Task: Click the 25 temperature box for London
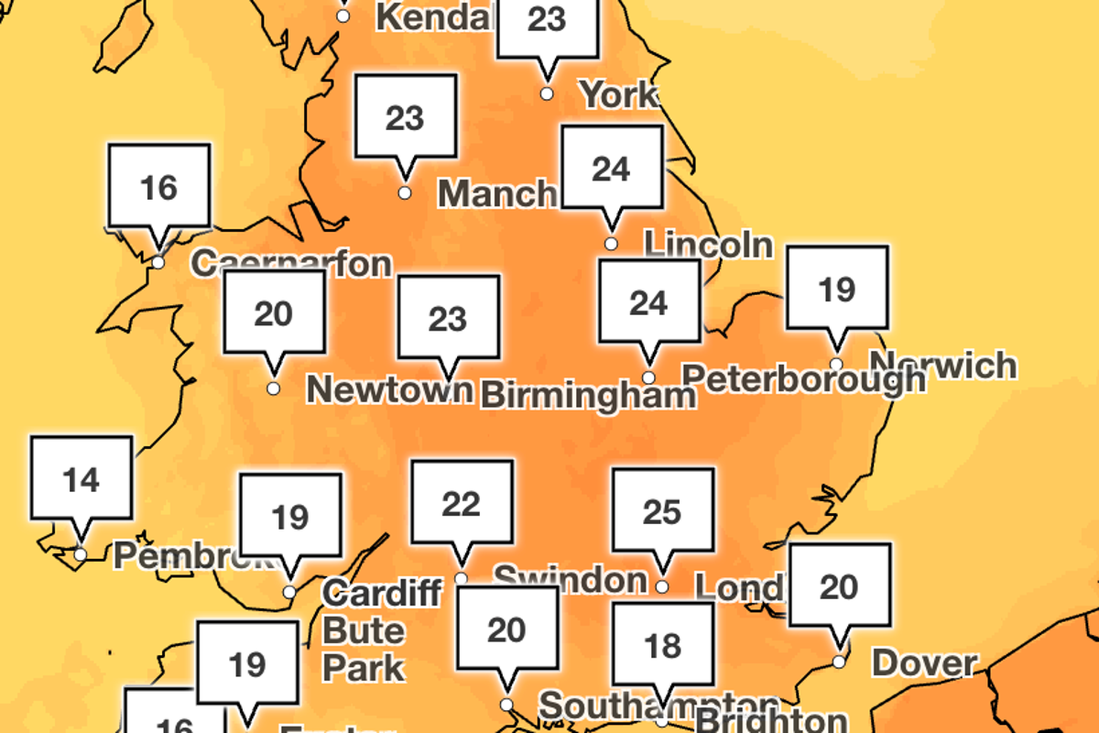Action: (662, 512)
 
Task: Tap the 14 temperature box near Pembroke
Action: (82, 479)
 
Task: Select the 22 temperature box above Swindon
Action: (461, 503)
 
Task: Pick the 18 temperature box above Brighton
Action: (662, 646)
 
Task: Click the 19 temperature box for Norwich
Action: (836, 290)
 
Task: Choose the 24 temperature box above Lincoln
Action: (611, 170)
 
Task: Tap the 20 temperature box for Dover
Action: (839, 587)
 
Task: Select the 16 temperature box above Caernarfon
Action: (158, 187)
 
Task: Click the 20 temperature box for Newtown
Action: (273, 313)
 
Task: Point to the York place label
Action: (620, 93)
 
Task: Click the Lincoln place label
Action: (708, 245)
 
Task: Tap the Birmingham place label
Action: (588, 396)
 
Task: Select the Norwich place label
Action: (943, 366)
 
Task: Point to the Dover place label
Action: (924, 662)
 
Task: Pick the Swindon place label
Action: (570, 578)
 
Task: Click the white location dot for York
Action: (547, 93)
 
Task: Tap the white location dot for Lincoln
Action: (611, 244)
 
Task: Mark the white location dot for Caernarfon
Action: (158, 263)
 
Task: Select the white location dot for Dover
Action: (839, 662)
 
